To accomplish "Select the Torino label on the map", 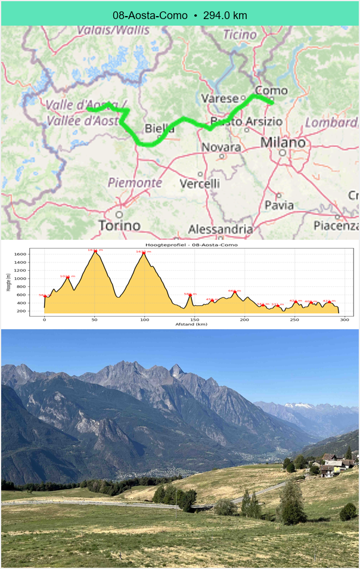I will click(x=119, y=225).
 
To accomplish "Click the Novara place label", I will click(x=221, y=147).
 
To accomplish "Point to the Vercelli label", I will click(x=200, y=184).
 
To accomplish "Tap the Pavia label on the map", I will click(x=279, y=205).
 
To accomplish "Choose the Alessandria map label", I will click(x=221, y=229).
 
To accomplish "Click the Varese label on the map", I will click(x=220, y=98).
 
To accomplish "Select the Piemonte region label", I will click(x=135, y=183).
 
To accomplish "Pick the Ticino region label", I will click(x=240, y=35).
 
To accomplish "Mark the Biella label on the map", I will click(x=160, y=129).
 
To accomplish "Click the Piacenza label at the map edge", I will click(x=336, y=225).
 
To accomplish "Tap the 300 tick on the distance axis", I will click(x=344, y=320).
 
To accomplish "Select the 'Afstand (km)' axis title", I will click(x=191, y=325).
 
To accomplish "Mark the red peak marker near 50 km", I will click(x=95, y=252).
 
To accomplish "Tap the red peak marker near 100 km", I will click(x=144, y=253).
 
